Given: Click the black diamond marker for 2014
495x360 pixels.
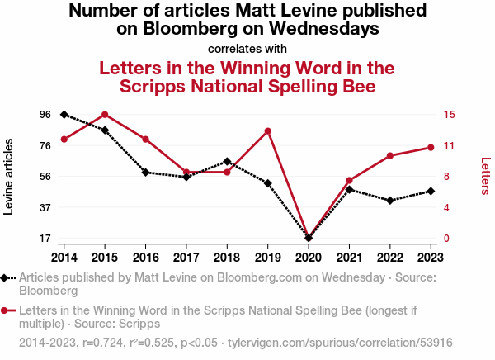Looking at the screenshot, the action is click(64, 115).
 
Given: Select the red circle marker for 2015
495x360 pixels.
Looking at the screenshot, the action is click(105, 115).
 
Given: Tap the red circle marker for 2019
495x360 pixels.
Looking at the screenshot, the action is click(267, 131).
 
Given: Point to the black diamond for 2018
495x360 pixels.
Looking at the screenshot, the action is click(227, 162).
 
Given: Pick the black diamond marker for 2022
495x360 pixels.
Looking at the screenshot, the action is click(390, 201).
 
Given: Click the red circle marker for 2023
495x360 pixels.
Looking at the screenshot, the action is click(431, 148).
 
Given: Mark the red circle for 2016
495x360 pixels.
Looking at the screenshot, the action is click(145, 140).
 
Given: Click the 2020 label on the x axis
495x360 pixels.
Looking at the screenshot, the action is click(309, 258).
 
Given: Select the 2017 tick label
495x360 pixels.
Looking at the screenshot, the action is click(186, 258).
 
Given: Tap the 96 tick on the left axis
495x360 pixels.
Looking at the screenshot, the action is click(45, 115).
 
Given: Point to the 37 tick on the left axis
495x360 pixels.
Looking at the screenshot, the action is click(45, 207).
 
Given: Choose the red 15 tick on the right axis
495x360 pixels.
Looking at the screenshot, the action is click(449, 115).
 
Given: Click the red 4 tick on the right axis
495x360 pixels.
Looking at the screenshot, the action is click(446, 207).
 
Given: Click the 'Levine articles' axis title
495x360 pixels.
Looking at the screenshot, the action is click(8, 177).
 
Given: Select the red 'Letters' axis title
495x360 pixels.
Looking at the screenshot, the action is click(485, 176).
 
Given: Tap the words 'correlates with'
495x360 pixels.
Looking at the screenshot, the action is click(247, 49).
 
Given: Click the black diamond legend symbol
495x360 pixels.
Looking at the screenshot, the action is click(8, 278).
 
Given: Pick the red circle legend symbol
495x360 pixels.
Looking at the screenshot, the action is click(8, 310).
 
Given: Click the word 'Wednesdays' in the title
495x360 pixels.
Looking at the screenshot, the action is click(324, 29).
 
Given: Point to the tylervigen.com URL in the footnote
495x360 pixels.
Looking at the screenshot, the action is click(340, 343).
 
